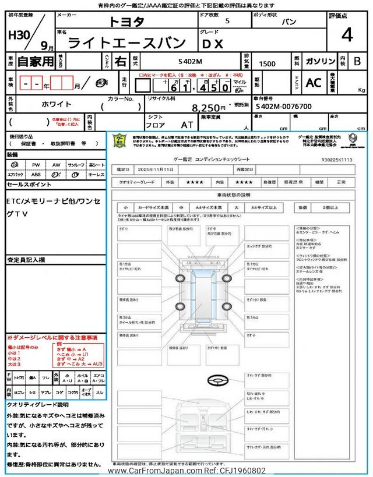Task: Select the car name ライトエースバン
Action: tap(127, 42)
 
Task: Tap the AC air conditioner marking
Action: tap(314, 83)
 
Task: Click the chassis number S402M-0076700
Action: tap(283, 107)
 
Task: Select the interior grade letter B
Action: tap(357, 61)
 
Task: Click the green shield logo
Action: tap(119, 140)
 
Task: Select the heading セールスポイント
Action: tap(29, 184)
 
